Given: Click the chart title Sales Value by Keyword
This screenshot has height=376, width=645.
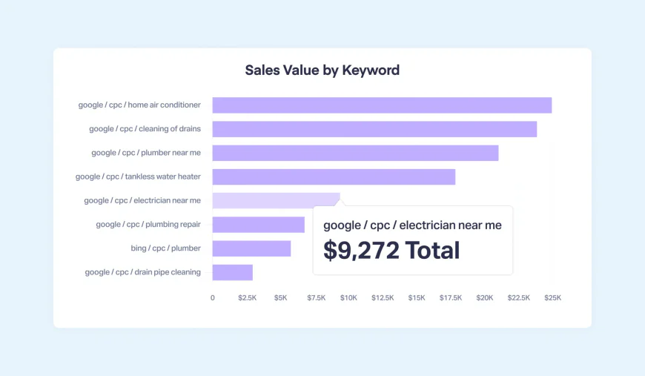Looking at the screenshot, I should pyautogui.click(x=322, y=70).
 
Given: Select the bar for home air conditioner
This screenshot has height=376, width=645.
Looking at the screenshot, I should pyautogui.click(x=382, y=105).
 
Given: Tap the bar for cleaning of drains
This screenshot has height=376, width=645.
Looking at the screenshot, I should pyautogui.click(x=374, y=129).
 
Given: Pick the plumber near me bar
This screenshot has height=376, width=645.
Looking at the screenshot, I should pyautogui.click(x=355, y=153).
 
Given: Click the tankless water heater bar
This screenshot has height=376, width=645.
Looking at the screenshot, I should pyautogui.click(x=334, y=177).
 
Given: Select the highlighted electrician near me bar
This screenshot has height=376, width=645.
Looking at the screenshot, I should pyautogui.click(x=276, y=200).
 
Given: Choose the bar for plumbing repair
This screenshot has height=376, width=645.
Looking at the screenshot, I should pyautogui.click(x=258, y=224).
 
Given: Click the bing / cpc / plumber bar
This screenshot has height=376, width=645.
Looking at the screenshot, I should pyautogui.click(x=251, y=248).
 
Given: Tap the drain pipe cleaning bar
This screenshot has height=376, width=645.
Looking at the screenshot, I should pyautogui.click(x=232, y=272).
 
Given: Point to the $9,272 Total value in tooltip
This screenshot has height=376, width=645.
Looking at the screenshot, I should pyautogui.click(x=391, y=250).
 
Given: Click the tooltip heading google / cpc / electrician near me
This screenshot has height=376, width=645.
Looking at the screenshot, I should pyautogui.click(x=412, y=225).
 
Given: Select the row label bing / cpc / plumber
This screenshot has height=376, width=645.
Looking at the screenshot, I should pyautogui.click(x=165, y=248).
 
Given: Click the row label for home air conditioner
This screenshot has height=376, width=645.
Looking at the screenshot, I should pyautogui.click(x=139, y=105).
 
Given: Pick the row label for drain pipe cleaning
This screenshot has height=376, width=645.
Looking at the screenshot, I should pyautogui.click(x=142, y=272).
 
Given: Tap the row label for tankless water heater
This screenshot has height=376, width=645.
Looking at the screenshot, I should pyautogui.click(x=138, y=177).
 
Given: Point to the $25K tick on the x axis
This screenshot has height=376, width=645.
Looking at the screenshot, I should pyautogui.click(x=552, y=297).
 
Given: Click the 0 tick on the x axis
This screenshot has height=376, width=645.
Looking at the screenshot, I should pyautogui.click(x=213, y=297).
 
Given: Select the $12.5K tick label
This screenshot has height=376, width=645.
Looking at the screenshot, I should pyautogui.click(x=383, y=297).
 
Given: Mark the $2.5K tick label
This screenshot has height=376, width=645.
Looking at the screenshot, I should pyautogui.click(x=247, y=297).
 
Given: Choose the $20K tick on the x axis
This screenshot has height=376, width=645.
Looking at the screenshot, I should pyautogui.click(x=484, y=297).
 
